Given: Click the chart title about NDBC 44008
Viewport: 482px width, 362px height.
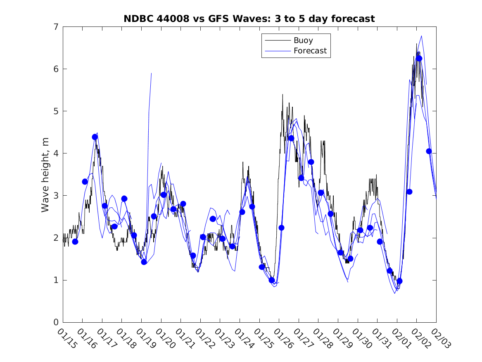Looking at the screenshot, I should click(x=249, y=19).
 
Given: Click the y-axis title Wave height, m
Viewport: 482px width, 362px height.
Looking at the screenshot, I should click(x=45, y=175).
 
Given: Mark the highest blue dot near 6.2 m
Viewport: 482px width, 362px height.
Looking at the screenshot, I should click(x=419, y=58).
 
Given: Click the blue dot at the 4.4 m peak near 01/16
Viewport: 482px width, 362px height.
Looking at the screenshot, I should click(x=95, y=137).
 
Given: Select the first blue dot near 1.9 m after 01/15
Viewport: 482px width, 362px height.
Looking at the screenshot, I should click(x=75, y=242).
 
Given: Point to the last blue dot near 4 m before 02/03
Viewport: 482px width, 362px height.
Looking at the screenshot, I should click(x=429, y=151).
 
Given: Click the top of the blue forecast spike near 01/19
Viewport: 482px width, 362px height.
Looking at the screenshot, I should click(x=152, y=73).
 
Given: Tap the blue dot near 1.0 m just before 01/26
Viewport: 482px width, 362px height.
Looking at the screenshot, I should click(x=272, y=280).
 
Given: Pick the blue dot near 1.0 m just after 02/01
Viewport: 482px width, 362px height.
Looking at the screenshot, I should click(x=399, y=281).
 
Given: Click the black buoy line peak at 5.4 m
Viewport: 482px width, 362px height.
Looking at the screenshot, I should click(x=283, y=94).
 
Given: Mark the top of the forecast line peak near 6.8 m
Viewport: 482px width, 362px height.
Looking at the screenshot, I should click(x=421, y=36).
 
